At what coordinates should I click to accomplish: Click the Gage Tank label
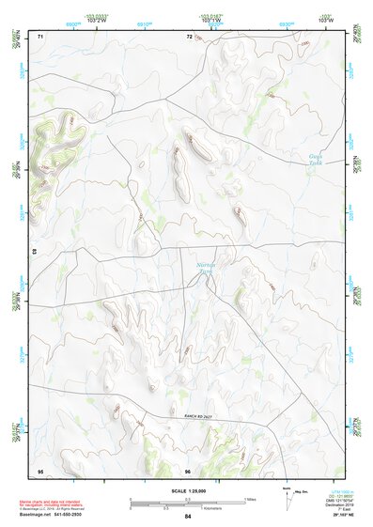(315, 159)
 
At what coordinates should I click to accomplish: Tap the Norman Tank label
(208, 271)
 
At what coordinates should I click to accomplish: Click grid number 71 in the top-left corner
(40, 36)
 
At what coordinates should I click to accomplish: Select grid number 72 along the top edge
(189, 36)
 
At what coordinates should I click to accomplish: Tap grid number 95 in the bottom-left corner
(40, 470)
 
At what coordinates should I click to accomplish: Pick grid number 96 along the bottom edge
(188, 470)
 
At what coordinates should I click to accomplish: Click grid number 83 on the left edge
(35, 252)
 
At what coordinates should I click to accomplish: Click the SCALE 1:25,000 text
(187, 491)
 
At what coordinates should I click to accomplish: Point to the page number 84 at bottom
(187, 517)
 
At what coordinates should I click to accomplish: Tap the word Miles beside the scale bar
(249, 499)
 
